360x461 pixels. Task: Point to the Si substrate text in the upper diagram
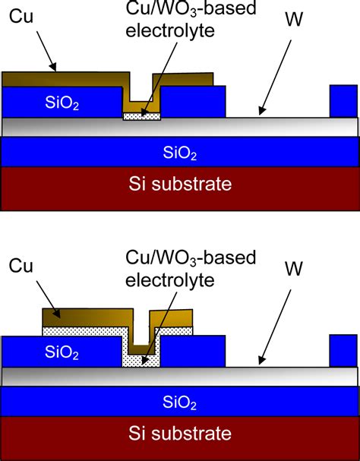[x=180, y=184]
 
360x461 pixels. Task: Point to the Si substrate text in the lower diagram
[x=180, y=434]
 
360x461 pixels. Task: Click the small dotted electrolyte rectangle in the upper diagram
[x=143, y=116]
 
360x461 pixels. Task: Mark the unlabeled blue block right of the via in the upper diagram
[x=194, y=102]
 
